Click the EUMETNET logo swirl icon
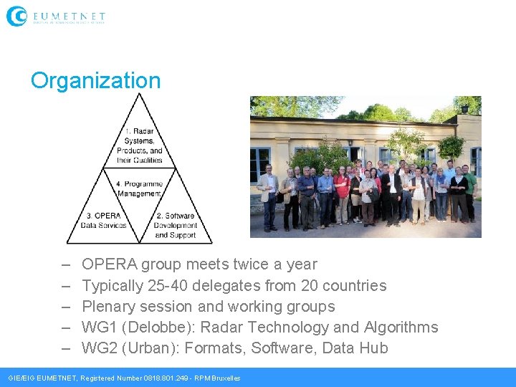[16, 16]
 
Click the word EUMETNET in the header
[69, 15]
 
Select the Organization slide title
[95, 80]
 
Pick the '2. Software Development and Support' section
[175, 224]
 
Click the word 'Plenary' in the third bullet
[107, 307]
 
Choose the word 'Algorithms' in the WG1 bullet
[401, 328]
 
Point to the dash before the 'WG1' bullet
[65, 328]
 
